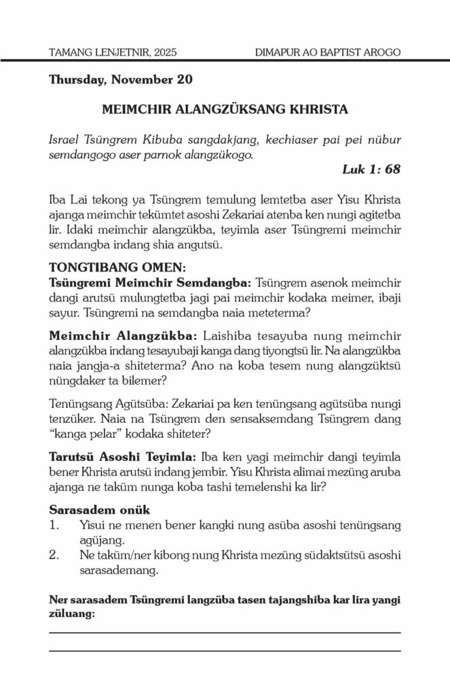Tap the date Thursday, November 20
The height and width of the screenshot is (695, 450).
tap(120, 79)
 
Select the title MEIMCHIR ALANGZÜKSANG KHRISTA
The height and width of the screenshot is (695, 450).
tap(225, 109)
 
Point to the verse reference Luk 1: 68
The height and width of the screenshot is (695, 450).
tap(371, 169)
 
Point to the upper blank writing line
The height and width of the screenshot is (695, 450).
tap(225, 633)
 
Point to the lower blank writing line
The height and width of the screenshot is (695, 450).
tap(225, 650)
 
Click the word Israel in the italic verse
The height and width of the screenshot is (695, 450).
tap(66, 139)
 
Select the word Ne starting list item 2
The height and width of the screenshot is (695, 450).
tap(86, 555)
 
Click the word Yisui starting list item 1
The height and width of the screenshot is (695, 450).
tap(93, 525)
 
